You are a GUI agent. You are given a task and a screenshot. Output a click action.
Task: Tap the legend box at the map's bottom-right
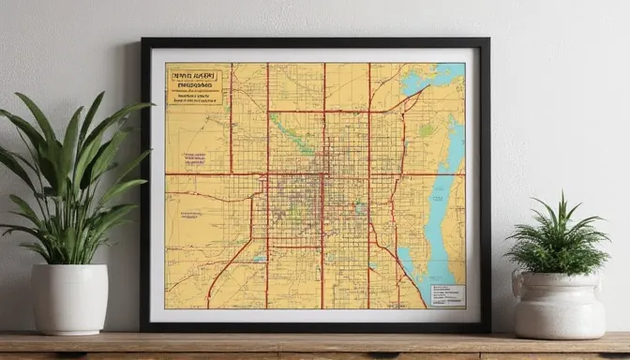point(446,294)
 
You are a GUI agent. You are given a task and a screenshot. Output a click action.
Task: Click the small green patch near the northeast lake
point(427,132)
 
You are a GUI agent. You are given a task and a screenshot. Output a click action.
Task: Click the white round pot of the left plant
point(69,298)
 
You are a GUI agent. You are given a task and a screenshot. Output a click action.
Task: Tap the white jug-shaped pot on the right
point(559,305)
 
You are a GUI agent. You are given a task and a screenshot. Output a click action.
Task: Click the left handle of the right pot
point(517,285)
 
